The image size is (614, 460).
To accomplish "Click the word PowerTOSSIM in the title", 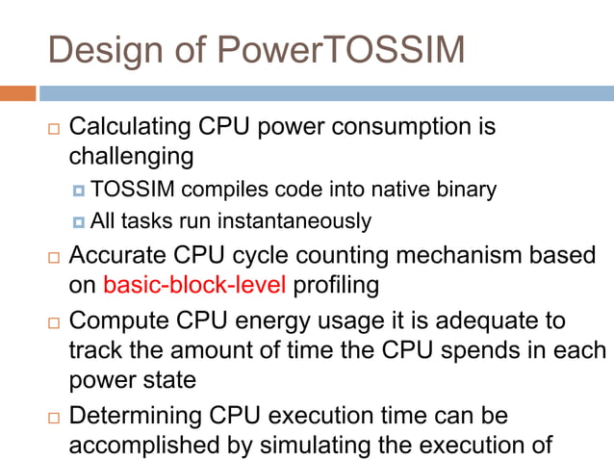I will [x=330, y=50].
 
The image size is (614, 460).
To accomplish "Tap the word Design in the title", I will [x=105, y=50].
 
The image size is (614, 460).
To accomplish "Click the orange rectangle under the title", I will [x=17, y=93].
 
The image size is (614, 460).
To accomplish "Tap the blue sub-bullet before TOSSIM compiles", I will [x=79, y=190].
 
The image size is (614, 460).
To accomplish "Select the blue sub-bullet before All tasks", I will [x=79, y=222].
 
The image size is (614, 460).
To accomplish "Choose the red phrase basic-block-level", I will [x=194, y=285].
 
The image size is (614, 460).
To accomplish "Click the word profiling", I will [x=337, y=285].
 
